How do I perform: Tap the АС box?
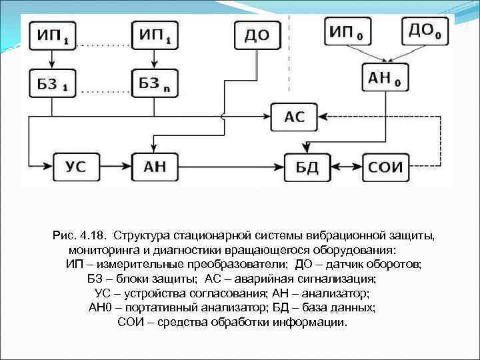(294, 117)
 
